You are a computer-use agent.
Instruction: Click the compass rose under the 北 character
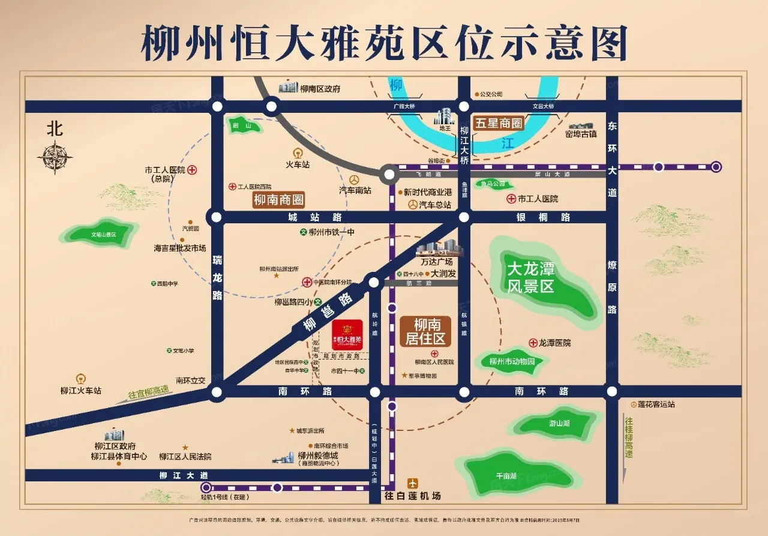pos(55,157)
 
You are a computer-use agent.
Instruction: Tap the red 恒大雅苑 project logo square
pos(347,332)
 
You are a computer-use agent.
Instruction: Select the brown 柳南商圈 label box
pos(278,200)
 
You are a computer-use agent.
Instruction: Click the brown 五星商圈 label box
pos(499,124)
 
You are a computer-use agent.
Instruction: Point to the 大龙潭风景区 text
pos(530,277)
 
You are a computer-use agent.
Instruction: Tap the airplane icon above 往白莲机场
pos(413,483)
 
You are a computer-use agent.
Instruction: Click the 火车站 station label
pos(298,164)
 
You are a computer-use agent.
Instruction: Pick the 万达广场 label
pos(436,262)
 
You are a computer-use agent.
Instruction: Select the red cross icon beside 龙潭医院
pos(533,342)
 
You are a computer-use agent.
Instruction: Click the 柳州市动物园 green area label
pos(511,361)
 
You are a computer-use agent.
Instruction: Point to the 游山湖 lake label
pos(559,423)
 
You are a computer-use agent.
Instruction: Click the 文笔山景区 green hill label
pos(103,235)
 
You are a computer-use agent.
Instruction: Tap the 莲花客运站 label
pos(656,404)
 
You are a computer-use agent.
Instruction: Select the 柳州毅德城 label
pos(318,456)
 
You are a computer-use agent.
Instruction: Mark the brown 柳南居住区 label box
pos(427,332)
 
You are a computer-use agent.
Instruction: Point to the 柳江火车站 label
pos(80,391)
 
